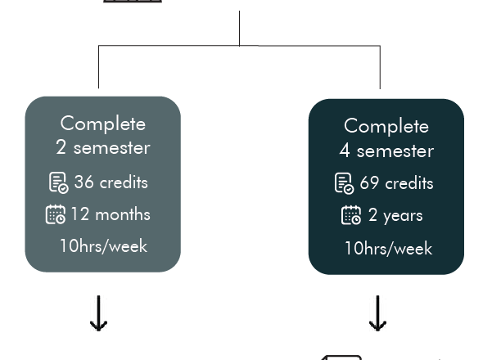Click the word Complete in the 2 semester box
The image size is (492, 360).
(103, 124)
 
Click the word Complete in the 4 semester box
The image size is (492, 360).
(386, 126)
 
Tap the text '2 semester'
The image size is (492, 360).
(103, 147)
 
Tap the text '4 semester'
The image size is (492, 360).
(386, 151)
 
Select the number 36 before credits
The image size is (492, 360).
(84, 182)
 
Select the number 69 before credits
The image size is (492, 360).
(369, 182)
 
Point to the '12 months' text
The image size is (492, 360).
(111, 214)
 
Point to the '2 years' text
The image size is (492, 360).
(395, 215)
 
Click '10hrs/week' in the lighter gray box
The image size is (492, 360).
(103, 245)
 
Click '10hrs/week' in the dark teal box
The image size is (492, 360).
(389, 249)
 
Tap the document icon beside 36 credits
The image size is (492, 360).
(58, 182)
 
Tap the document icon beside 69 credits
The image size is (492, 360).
(344, 183)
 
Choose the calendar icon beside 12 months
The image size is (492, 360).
(56, 214)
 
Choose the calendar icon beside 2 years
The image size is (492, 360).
(351, 215)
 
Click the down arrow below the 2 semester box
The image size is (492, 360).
(99, 313)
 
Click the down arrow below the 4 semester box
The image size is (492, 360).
(377, 313)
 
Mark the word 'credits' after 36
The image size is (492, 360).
(124, 182)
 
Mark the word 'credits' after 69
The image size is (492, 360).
(409, 182)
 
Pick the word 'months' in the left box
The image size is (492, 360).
(123, 214)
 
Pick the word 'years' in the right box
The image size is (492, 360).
(403, 216)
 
